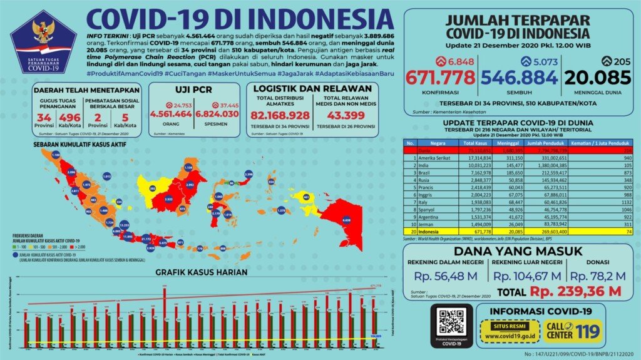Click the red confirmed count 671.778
point(439,78)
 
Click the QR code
point(451,321)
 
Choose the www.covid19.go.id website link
point(504,336)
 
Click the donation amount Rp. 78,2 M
point(598,275)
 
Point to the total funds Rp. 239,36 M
point(575,291)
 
